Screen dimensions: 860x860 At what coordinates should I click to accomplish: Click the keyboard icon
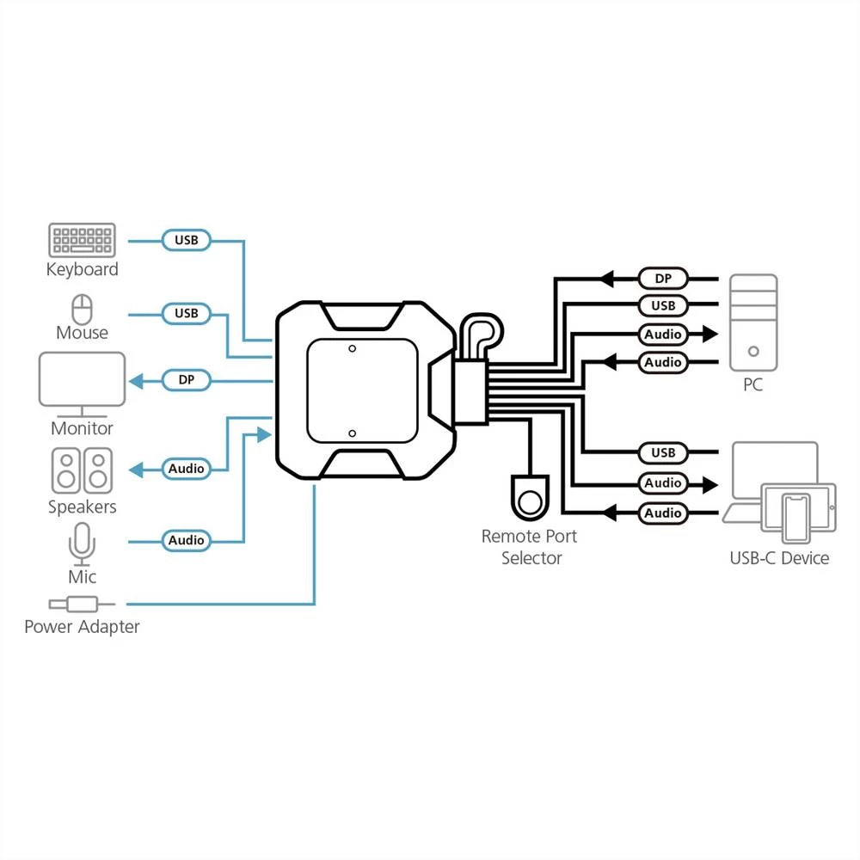[x=82, y=240]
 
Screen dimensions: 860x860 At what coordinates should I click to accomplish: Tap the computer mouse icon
[x=82, y=308]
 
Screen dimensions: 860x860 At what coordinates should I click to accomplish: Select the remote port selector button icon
[x=531, y=496]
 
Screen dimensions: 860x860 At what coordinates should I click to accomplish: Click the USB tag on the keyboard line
[x=187, y=240]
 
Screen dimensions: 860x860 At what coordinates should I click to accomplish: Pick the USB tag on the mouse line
[x=187, y=313]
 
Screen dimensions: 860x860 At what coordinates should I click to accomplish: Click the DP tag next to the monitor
[x=187, y=379]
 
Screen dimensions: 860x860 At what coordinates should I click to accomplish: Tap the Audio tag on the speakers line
[x=187, y=469]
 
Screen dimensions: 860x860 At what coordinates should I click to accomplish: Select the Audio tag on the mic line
[x=187, y=540]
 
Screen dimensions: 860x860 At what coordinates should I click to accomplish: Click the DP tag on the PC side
[x=663, y=278]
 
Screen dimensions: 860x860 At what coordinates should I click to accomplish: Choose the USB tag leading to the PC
[x=663, y=305]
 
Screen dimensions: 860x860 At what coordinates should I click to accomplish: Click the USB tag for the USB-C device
[x=663, y=452]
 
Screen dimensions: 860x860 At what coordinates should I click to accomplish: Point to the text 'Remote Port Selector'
[x=530, y=547]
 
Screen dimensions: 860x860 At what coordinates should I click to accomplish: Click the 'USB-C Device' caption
[x=779, y=558]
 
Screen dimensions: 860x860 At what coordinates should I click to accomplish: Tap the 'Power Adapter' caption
[x=82, y=627]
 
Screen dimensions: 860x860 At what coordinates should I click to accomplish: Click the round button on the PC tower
[x=753, y=351]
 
